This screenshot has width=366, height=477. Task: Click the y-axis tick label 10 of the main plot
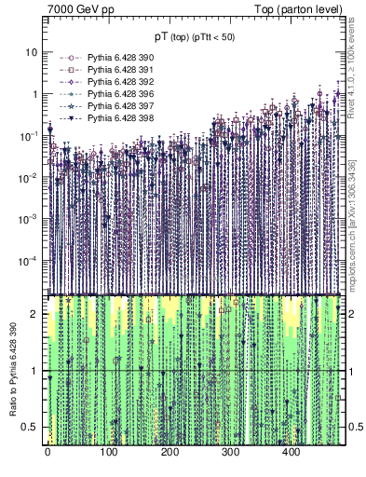(x=33, y=52)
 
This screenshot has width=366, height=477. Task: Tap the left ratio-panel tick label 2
(x=37, y=314)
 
